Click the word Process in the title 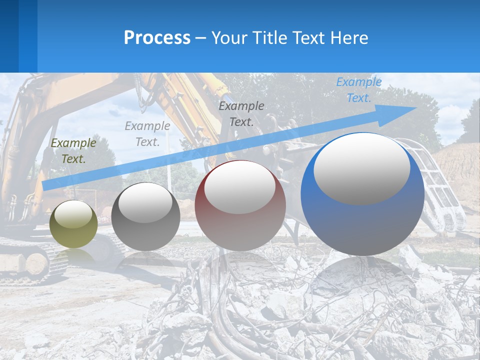[x=157, y=38]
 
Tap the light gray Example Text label [x=147, y=134]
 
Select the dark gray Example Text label [x=241, y=113]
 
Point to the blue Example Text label [x=359, y=90]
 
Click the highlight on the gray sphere [x=145, y=202]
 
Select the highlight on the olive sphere [x=73, y=213]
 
